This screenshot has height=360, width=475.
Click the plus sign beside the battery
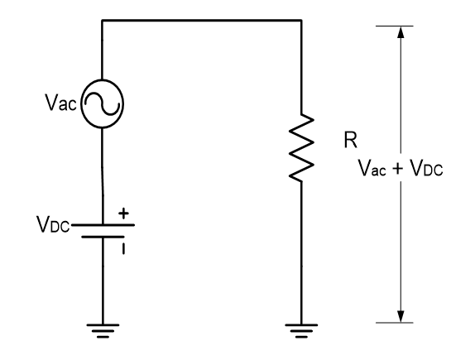pos(125,213)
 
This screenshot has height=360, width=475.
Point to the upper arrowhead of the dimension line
pos(401,34)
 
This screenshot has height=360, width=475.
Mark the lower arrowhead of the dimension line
pos(401,314)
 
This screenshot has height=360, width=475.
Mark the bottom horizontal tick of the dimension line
pos(401,322)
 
